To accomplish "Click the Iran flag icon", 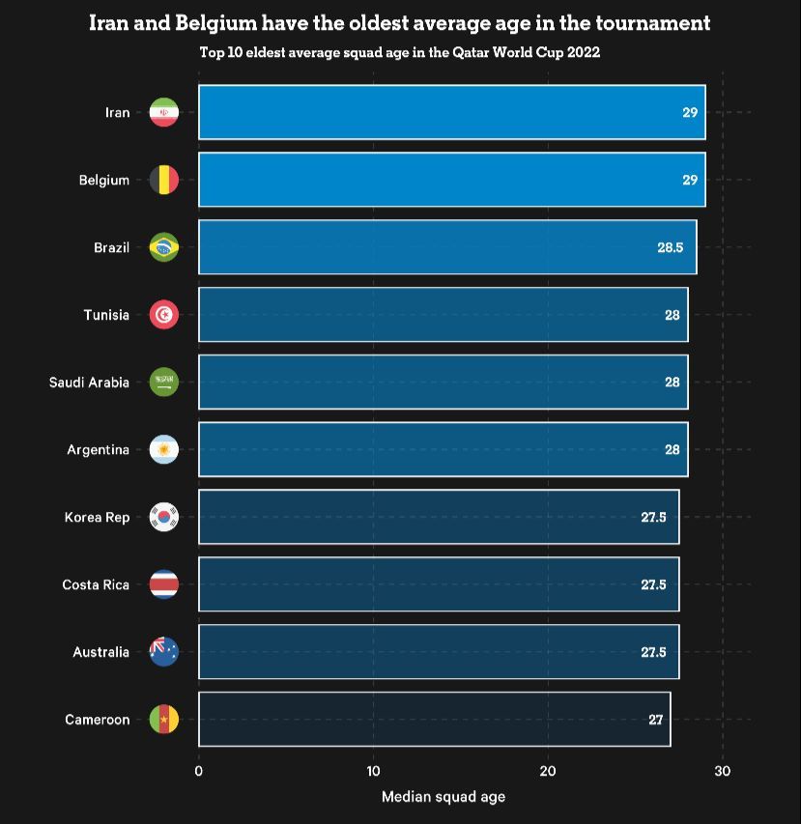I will pyautogui.click(x=164, y=112).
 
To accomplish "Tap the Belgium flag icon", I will pyautogui.click(x=164, y=180).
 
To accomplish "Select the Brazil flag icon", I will pyautogui.click(x=164, y=247).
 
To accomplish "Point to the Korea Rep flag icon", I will pyautogui.click(x=164, y=517).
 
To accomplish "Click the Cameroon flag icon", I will pyautogui.click(x=164, y=720).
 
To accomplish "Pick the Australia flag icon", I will pyautogui.click(x=164, y=652).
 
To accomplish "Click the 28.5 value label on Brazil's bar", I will pyautogui.click(x=670, y=247).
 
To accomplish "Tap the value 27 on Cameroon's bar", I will pyautogui.click(x=655, y=720).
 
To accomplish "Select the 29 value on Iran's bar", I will pyautogui.click(x=689, y=112).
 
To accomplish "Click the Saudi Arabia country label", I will pyautogui.click(x=89, y=383).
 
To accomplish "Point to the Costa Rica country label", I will pyautogui.click(x=96, y=584).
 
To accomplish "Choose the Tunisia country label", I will pyautogui.click(x=106, y=315).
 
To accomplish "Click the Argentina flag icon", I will pyautogui.click(x=164, y=449).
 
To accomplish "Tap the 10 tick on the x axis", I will pyautogui.click(x=373, y=771).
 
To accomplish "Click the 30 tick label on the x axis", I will pyautogui.click(x=722, y=771).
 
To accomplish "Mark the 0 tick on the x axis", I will pyautogui.click(x=199, y=771).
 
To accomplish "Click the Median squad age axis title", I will pyautogui.click(x=443, y=797).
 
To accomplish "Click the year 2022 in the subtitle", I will pyautogui.click(x=583, y=52).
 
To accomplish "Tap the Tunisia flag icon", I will pyautogui.click(x=164, y=315).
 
